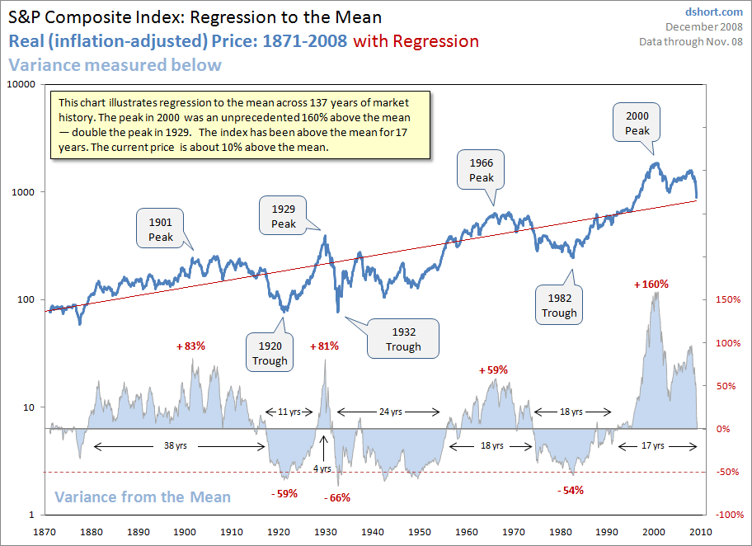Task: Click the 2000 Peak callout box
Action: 637,124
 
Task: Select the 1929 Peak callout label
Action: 284,217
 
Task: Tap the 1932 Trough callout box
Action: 403,339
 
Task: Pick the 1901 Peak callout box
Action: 161,229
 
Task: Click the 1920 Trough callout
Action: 270,353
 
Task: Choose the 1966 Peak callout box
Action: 482,170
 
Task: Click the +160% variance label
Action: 651,284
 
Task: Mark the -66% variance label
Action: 337,497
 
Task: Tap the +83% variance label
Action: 190,346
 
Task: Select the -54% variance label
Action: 570,490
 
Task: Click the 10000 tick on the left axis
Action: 20,85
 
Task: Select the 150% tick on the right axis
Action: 725,299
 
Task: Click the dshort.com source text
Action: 714,12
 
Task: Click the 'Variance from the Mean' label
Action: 143,497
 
